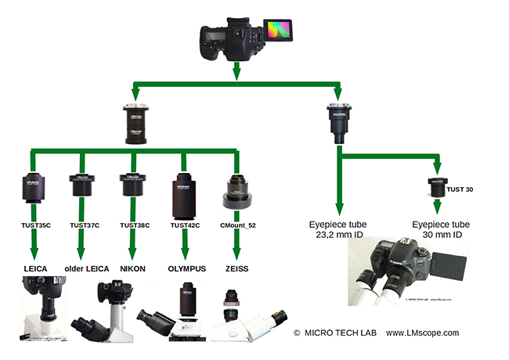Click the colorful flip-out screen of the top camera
point(279,31)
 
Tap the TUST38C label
point(134,225)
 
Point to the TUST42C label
point(186,225)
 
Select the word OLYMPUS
point(186,268)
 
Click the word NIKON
point(134,268)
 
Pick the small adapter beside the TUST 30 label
point(435,188)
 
